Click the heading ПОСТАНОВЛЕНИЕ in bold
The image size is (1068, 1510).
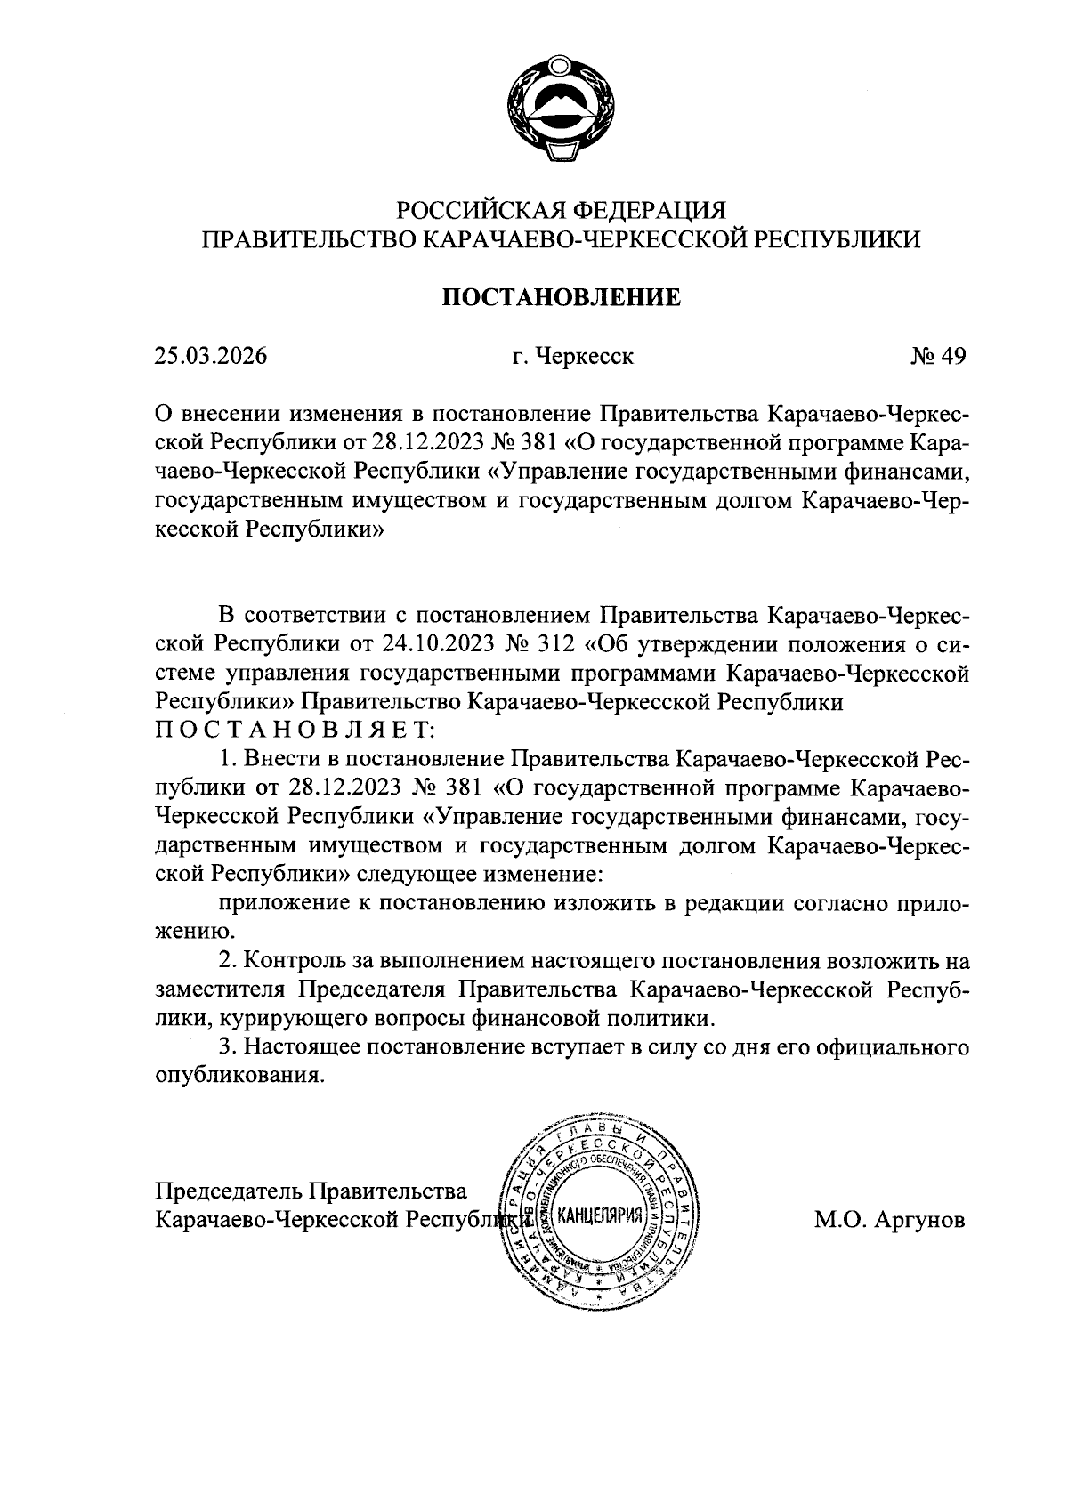pyautogui.click(x=562, y=297)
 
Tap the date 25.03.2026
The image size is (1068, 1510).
pyautogui.click(x=211, y=357)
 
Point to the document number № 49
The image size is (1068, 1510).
pyautogui.click(x=937, y=357)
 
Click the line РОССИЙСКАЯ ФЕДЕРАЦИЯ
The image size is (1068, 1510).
pyautogui.click(x=562, y=211)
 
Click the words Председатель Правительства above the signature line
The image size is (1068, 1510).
pyautogui.click(x=311, y=1191)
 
